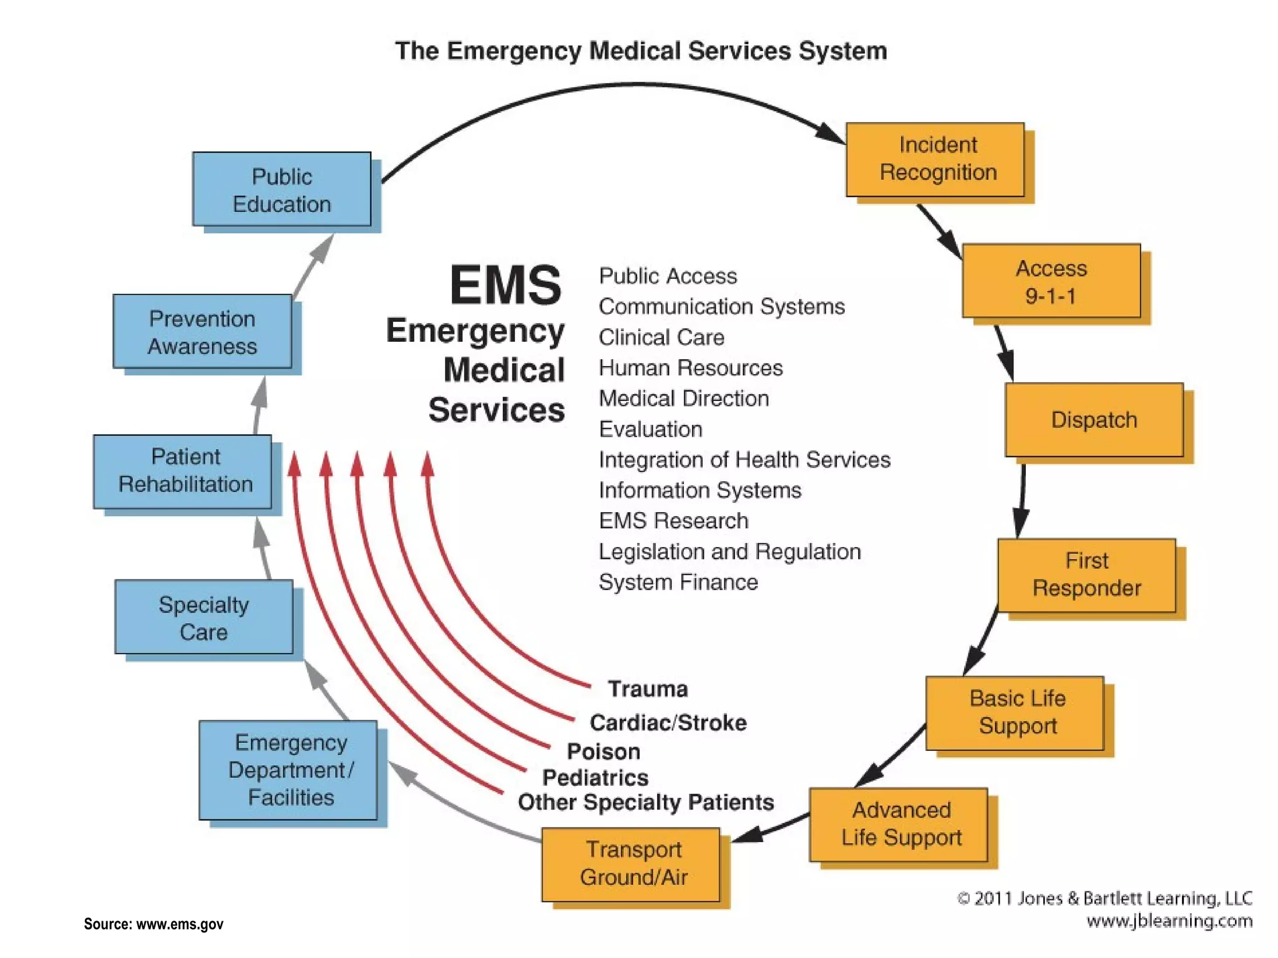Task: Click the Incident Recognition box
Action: point(935,159)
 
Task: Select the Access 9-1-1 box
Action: point(1051,281)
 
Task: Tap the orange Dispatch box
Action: point(1094,420)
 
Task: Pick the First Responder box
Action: point(1086,574)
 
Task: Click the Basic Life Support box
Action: point(1015,712)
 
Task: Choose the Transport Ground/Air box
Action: point(631,864)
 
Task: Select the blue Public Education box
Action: point(281,189)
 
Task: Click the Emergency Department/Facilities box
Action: point(288,770)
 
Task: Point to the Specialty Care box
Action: point(203,617)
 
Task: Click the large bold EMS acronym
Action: point(505,285)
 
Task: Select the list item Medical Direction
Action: point(683,399)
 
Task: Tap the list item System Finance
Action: point(678,582)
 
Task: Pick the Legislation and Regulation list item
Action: point(729,551)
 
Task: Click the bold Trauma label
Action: point(647,689)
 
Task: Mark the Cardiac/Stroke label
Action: point(668,722)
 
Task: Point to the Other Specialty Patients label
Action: point(645,801)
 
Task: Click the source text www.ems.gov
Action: point(179,924)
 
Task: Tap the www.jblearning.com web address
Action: point(1169,921)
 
